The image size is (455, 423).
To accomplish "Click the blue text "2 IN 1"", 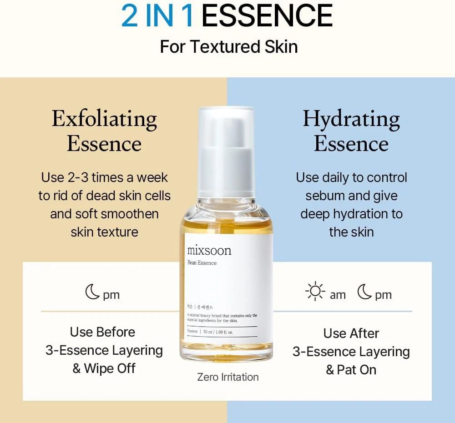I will click(x=157, y=16).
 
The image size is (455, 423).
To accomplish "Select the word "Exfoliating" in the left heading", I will click(x=104, y=119).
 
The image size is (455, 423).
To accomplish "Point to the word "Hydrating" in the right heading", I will click(x=351, y=119).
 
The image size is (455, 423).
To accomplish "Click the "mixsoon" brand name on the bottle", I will click(x=209, y=251).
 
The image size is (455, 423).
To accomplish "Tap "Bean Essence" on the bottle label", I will click(x=202, y=263).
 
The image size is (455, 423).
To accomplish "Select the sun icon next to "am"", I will click(x=315, y=292).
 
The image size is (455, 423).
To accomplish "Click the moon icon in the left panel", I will click(x=92, y=292).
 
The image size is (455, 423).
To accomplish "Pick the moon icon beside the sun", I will click(x=364, y=292).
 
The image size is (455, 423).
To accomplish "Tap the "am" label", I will click(x=338, y=295).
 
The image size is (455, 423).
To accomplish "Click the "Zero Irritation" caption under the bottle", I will click(x=227, y=377).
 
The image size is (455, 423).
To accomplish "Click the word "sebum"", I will click(x=322, y=196).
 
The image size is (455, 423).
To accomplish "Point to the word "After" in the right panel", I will click(x=364, y=333).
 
